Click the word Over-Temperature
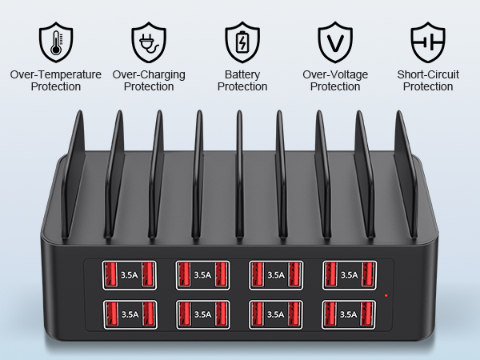(x=55, y=74)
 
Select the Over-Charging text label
(x=149, y=74)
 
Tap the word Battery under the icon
(x=241, y=74)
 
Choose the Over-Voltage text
(x=334, y=74)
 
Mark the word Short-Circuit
(x=428, y=74)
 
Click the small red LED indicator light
(x=386, y=296)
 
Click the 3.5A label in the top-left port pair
(x=128, y=275)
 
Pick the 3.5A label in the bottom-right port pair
(x=349, y=314)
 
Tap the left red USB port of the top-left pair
(x=110, y=275)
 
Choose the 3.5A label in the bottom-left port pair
(x=128, y=314)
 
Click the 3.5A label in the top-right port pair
(x=349, y=275)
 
